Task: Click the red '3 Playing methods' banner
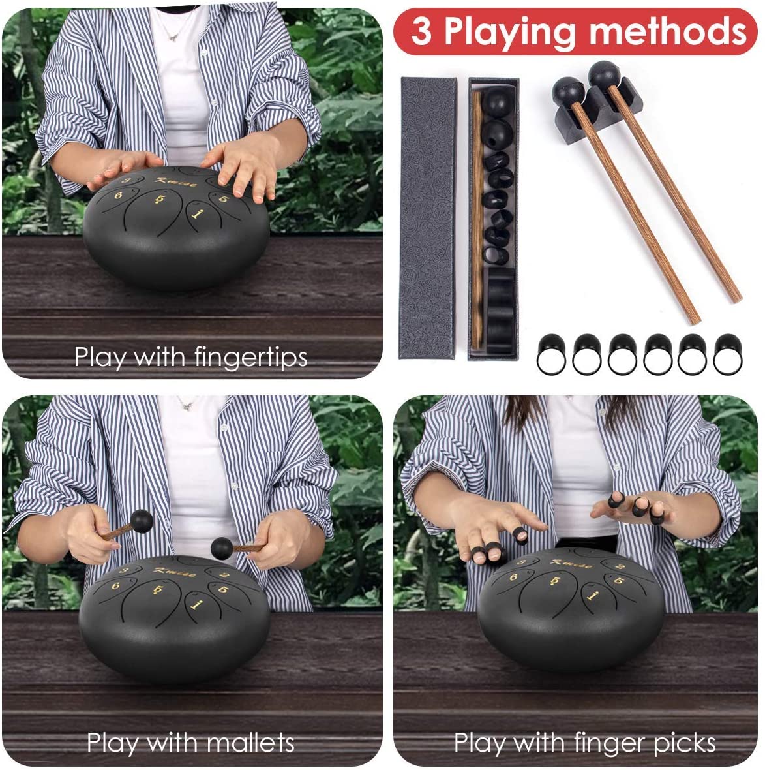click(x=575, y=31)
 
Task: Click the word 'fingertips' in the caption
click(x=250, y=357)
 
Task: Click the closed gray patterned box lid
click(x=428, y=218)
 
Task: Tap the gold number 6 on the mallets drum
click(x=116, y=585)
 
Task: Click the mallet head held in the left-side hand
click(x=142, y=521)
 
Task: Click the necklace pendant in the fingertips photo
click(x=172, y=38)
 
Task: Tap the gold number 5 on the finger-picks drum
click(x=618, y=581)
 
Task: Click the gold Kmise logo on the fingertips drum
click(x=176, y=182)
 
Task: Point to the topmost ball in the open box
click(x=496, y=102)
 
